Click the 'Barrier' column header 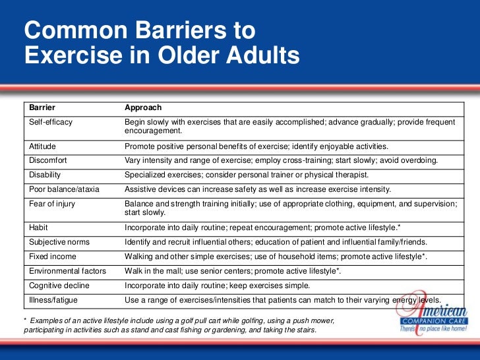point(42,107)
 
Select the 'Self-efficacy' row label point(51,123)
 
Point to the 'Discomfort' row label point(48,160)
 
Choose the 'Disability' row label point(45,175)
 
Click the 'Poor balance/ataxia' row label point(64,189)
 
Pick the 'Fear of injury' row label point(52,204)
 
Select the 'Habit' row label point(38,227)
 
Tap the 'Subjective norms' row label point(59,242)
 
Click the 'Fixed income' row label point(52,256)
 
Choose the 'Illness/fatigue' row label point(54,300)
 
